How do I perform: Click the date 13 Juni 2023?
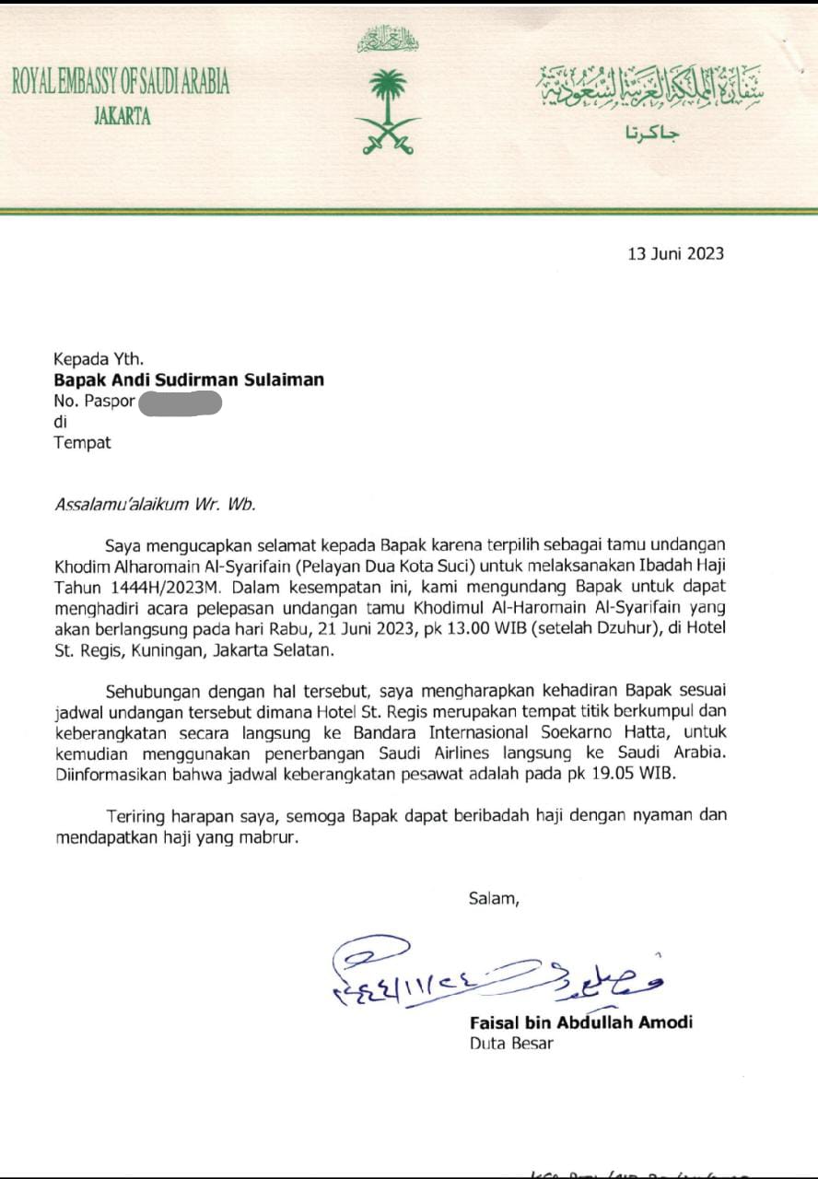click(675, 253)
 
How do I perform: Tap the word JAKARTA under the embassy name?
click(122, 117)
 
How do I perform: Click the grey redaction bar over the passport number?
click(180, 402)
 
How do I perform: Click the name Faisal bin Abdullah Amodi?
click(580, 1021)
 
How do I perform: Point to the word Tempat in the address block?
click(82, 442)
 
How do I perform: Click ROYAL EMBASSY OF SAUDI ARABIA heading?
click(121, 84)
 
